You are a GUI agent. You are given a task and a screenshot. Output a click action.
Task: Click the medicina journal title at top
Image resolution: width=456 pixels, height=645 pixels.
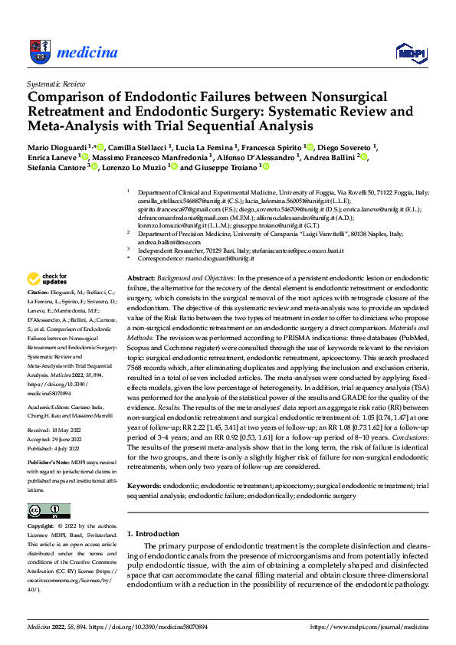point(87,52)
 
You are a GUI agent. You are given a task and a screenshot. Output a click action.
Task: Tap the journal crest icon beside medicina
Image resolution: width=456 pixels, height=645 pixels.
point(40,51)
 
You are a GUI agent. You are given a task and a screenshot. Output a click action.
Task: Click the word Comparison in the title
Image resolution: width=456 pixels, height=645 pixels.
point(66,97)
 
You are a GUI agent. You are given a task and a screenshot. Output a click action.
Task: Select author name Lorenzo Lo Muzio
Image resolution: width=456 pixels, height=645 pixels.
point(132,167)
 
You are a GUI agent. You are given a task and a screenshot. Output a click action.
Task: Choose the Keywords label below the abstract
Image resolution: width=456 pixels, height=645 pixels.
point(143,486)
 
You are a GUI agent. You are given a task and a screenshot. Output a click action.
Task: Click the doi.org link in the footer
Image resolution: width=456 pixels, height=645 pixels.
point(149,626)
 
